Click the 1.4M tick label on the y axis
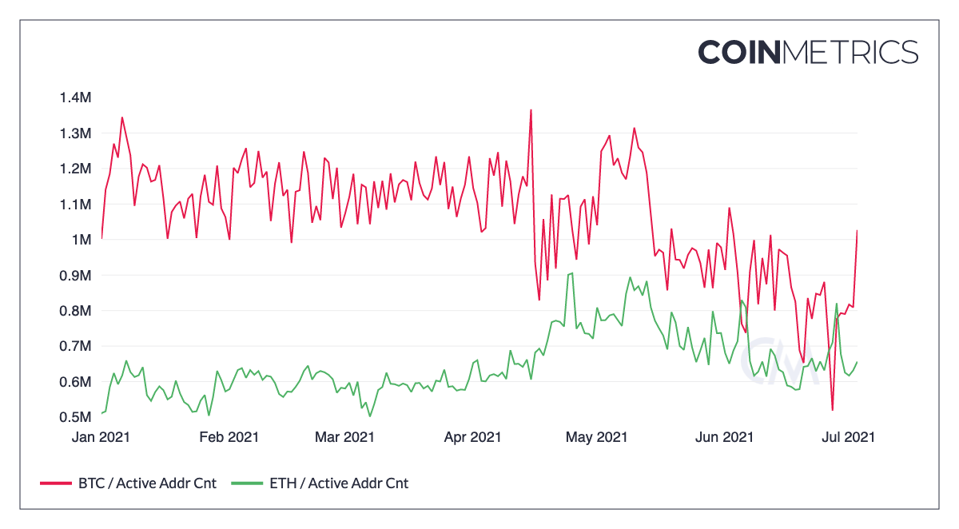coord(75,97)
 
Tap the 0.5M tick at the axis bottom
coord(75,417)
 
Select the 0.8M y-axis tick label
coord(75,311)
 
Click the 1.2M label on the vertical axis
coord(75,169)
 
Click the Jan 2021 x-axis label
coord(101,437)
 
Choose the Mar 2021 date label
coord(344,437)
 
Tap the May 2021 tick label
coord(595,437)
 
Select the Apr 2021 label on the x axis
coord(472,437)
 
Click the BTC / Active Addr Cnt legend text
coord(147,483)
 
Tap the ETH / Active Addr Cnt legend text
coord(339,483)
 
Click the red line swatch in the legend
coord(55,483)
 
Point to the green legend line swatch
coord(247,483)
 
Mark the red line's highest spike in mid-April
coord(531,110)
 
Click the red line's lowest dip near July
coord(833,410)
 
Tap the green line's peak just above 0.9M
coord(571,273)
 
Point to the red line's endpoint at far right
coord(857,231)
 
